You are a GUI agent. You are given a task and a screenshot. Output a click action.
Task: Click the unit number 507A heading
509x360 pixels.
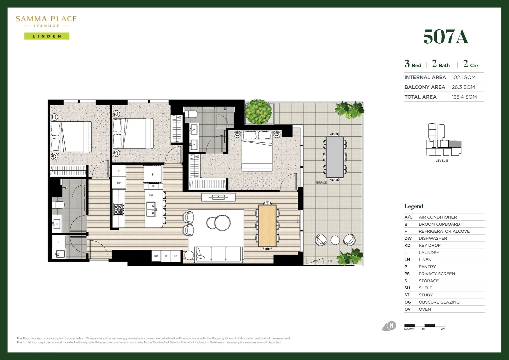click(x=446, y=37)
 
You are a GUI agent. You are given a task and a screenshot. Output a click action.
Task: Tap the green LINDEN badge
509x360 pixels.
click(x=47, y=36)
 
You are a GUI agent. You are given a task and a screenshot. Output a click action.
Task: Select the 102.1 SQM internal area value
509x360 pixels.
click(x=463, y=77)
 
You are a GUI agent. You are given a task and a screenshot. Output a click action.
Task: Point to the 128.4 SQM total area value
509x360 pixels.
click(x=464, y=97)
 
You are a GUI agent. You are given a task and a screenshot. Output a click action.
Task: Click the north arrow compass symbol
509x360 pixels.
click(x=389, y=326)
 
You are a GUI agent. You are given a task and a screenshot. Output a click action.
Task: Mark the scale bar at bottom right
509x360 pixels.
click(x=424, y=325)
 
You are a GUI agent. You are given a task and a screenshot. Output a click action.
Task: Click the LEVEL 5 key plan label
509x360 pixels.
click(x=442, y=161)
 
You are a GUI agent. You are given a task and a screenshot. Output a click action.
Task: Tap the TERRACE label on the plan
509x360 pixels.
click(x=321, y=183)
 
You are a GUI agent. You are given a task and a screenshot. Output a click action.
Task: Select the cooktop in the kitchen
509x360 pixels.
click(x=119, y=209)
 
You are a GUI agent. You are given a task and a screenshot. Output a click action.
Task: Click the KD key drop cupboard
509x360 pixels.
click(x=156, y=256)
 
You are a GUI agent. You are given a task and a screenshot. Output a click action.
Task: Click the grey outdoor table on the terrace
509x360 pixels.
click(x=335, y=157)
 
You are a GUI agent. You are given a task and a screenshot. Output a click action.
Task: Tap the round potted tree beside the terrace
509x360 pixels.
click(x=258, y=111)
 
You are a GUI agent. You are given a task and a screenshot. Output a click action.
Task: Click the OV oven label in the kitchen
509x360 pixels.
click(x=119, y=183)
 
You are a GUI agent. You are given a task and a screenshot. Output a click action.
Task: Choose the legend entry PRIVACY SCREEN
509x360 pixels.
click(x=436, y=274)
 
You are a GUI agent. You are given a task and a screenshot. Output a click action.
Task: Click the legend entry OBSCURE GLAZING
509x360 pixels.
click(x=439, y=302)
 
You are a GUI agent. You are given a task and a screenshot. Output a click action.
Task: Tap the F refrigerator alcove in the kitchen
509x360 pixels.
click(x=153, y=174)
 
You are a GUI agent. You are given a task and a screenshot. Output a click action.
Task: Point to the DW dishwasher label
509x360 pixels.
click(x=151, y=195)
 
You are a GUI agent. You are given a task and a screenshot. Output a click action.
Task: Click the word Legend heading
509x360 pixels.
click(x=414, y=206)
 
